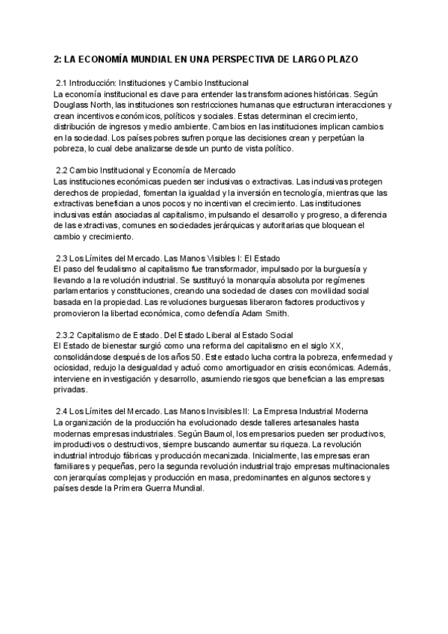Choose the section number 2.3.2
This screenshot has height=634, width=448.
(x=69, y=335)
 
